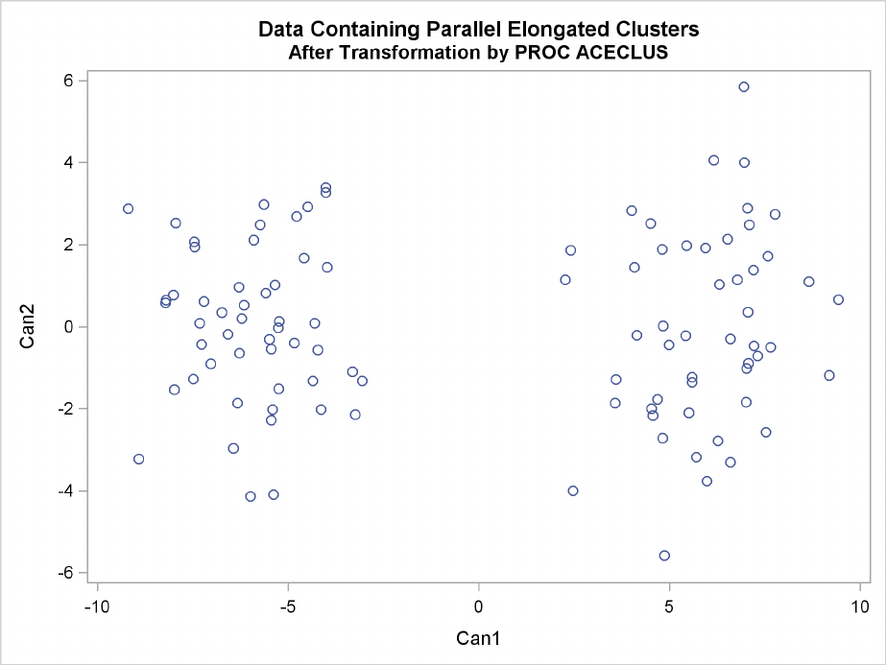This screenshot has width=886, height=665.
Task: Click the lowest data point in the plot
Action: (x=664, y=556)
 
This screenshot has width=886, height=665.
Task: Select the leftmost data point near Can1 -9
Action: (x=128, y=208)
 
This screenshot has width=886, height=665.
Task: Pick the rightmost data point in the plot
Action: (x=838, y=299)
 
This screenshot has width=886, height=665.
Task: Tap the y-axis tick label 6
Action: (x=70, y=81)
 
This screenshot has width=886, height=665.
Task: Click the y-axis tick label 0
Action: (x=70, y=327)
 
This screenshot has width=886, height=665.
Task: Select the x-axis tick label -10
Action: (x=95, y=606)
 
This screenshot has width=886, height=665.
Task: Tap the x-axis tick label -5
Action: (x=286, y=606)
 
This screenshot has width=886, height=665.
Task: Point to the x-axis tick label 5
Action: (x=668, y=606)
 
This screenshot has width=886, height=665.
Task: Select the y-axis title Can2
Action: (x=30, y=326)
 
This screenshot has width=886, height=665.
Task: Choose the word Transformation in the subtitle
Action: (x=392, y=53)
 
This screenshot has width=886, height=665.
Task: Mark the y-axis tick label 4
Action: (x=70, y=162)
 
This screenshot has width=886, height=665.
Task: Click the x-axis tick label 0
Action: (x=477, y=606)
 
